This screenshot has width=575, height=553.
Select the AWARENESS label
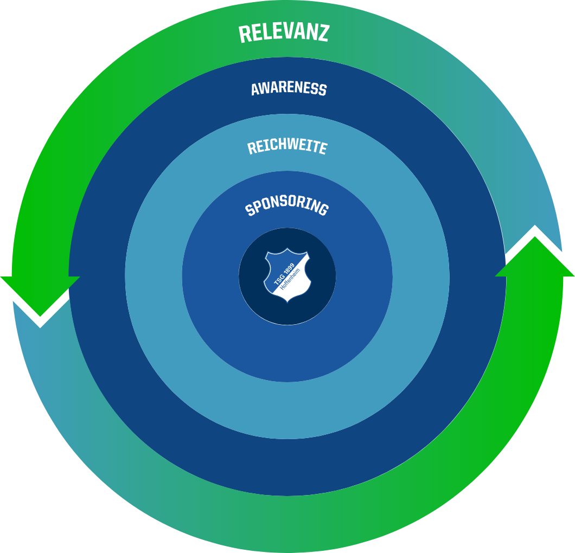tap(289, 89)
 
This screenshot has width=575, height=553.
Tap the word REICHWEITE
tap(287, 146)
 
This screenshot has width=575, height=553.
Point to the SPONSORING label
tap(287, 205)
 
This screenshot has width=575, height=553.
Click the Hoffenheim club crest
tap(287, 275)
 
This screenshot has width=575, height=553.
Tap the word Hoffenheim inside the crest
tap(290, 279)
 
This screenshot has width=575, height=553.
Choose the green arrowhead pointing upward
tap(535, 256)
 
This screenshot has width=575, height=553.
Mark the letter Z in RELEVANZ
tap(323, 34)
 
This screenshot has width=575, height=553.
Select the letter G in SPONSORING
tap(323, 209)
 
